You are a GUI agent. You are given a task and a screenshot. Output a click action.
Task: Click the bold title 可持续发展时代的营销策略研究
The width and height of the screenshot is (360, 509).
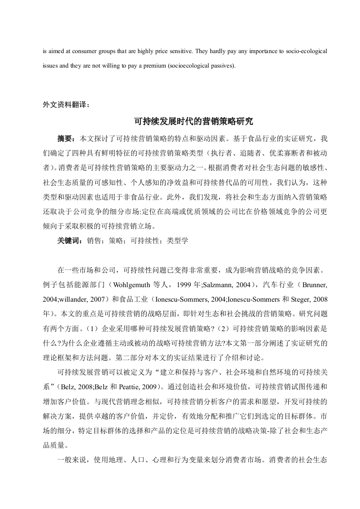(x=193, y=122)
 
